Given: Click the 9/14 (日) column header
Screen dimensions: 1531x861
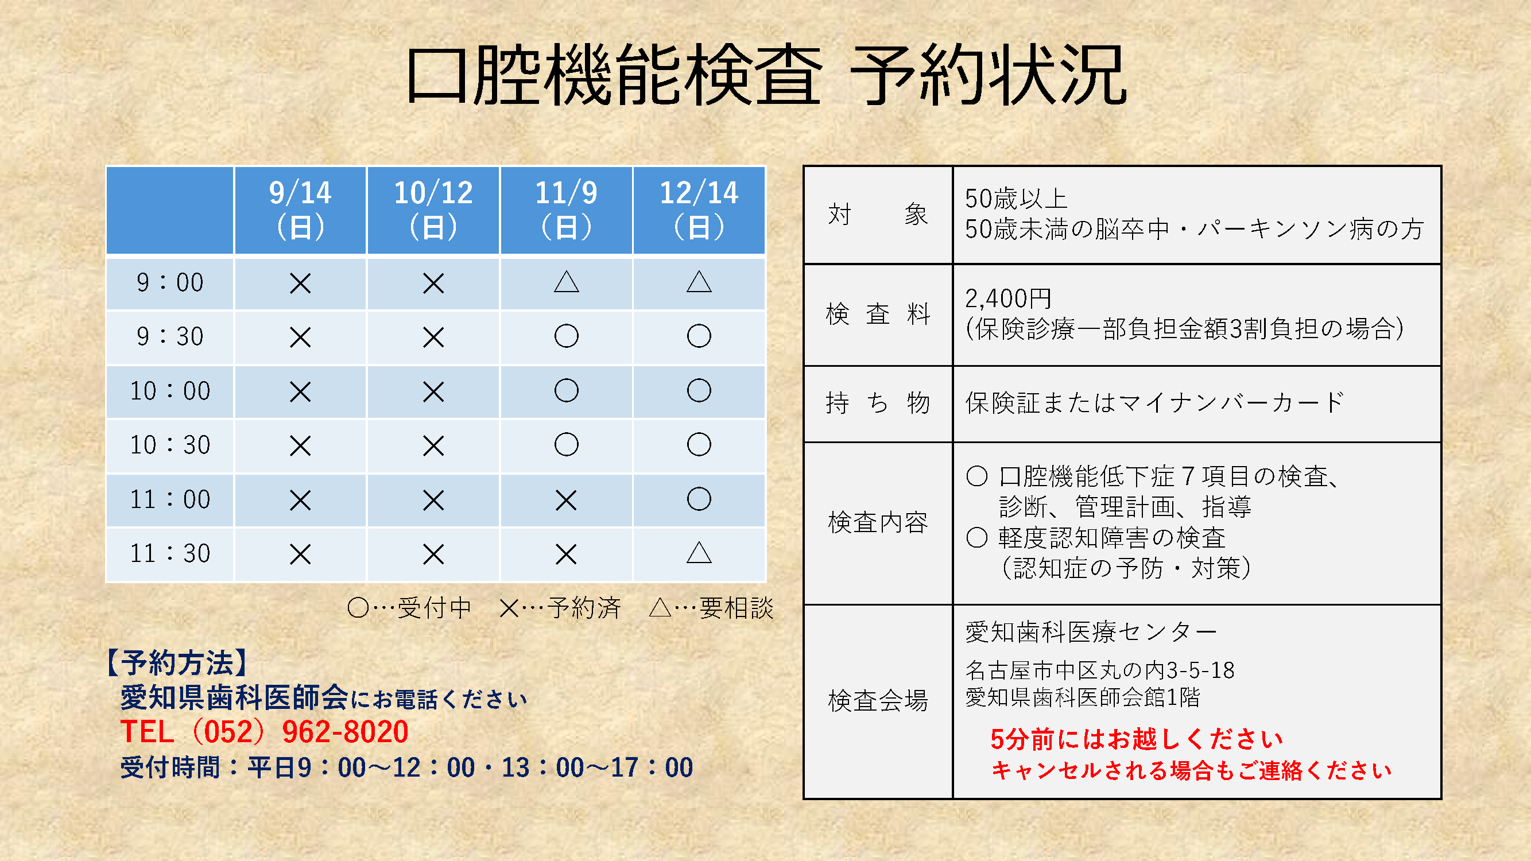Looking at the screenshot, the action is (x=300, y=210).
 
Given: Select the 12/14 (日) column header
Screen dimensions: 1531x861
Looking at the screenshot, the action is (x=699, y=210).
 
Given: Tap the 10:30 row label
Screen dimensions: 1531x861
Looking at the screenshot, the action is (x=170, y=445).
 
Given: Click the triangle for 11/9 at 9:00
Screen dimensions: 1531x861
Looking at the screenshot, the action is (x=567, y=282).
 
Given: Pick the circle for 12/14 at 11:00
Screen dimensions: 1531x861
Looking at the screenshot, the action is (x=699, y=499).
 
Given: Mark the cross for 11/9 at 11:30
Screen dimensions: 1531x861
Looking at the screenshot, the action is (x=566, y=554).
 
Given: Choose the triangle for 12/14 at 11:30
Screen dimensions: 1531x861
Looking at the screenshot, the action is (x=699, y=553).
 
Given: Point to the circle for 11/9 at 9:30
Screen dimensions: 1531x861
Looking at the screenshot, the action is (x=567, y=336).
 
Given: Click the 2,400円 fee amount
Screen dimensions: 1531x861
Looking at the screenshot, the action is (x=1009, y=298).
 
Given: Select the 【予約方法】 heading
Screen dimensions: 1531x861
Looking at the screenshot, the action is (x=176, y=662).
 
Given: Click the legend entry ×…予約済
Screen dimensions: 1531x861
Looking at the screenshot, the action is (x=560, y=608).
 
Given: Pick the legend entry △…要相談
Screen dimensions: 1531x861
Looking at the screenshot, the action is (x=711, y=608).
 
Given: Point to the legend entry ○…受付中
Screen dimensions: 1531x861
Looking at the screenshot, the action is (x=409, y=608).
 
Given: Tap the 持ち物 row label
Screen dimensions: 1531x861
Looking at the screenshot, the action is (x=878, y=403).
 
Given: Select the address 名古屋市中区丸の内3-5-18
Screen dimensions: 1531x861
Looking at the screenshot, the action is (x=1099, y=670).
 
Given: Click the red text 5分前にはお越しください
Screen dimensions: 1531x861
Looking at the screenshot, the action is (x=1137, y=739).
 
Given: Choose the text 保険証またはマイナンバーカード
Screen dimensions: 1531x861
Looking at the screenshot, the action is (x=1154, y=402).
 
